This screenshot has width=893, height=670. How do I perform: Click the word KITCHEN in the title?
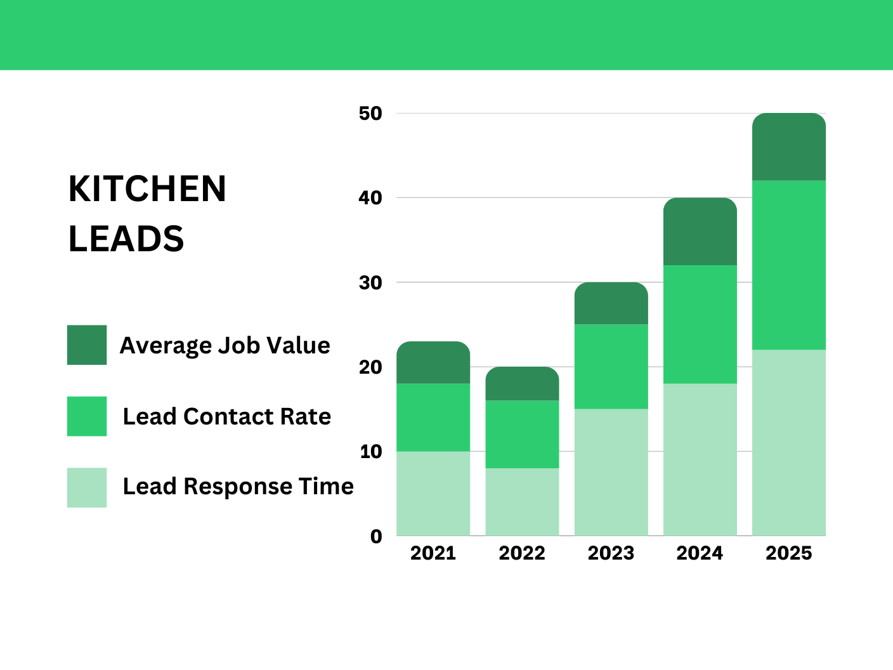tap(147, 189)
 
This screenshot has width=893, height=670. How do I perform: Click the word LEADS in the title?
tap(126, 239)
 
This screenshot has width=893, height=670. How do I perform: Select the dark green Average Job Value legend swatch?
tap(87, 345)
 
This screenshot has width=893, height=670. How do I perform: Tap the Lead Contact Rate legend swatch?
tap(87, 416)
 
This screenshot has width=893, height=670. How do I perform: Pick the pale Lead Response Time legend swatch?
tap(87, 487)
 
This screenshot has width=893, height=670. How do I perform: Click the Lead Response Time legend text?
tap(238, 487)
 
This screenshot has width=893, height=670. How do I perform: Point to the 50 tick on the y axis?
tap(370, 114)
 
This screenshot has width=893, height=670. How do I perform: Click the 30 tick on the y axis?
tap(370, 282)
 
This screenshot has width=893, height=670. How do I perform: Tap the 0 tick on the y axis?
tap(376, 536)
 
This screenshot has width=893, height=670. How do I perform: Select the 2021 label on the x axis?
tap(433, 553)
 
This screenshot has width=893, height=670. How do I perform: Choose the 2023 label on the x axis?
tap(611, 553)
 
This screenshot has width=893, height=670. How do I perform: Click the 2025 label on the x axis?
tap(788, 553)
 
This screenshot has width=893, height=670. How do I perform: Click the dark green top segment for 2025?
tap(789, 147)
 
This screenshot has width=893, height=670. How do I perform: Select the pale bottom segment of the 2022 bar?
tap(522, 502)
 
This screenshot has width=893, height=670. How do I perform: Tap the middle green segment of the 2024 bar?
tap(700, 324)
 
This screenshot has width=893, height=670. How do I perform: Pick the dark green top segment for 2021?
tap(433, 363)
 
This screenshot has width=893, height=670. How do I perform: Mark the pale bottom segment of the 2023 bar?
tap(611, 472)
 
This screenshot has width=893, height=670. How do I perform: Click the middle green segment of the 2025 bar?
tap(789, 265)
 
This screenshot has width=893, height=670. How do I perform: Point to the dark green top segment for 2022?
tap(522, 384)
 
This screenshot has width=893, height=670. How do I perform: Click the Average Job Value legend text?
tap(225, 346)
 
